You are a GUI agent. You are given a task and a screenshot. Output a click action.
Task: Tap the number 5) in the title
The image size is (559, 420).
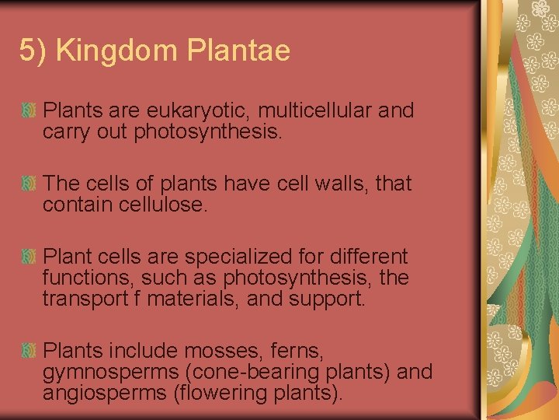click(x=33, y=51)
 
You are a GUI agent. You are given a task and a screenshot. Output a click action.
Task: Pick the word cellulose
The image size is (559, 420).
click(x=168, y=205)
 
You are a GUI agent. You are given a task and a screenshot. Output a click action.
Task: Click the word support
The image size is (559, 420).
click(x=326, y=298)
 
